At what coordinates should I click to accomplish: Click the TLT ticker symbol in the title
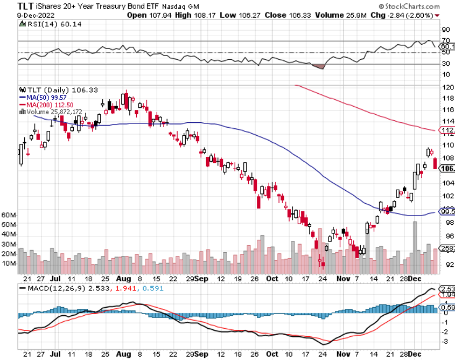11,5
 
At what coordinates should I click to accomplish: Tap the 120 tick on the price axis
446,87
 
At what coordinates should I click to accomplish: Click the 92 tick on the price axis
446,264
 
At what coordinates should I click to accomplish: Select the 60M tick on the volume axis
9,214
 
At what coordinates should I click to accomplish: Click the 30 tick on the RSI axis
446,64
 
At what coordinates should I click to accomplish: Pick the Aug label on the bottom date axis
124,279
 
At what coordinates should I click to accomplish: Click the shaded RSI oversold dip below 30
319,66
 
